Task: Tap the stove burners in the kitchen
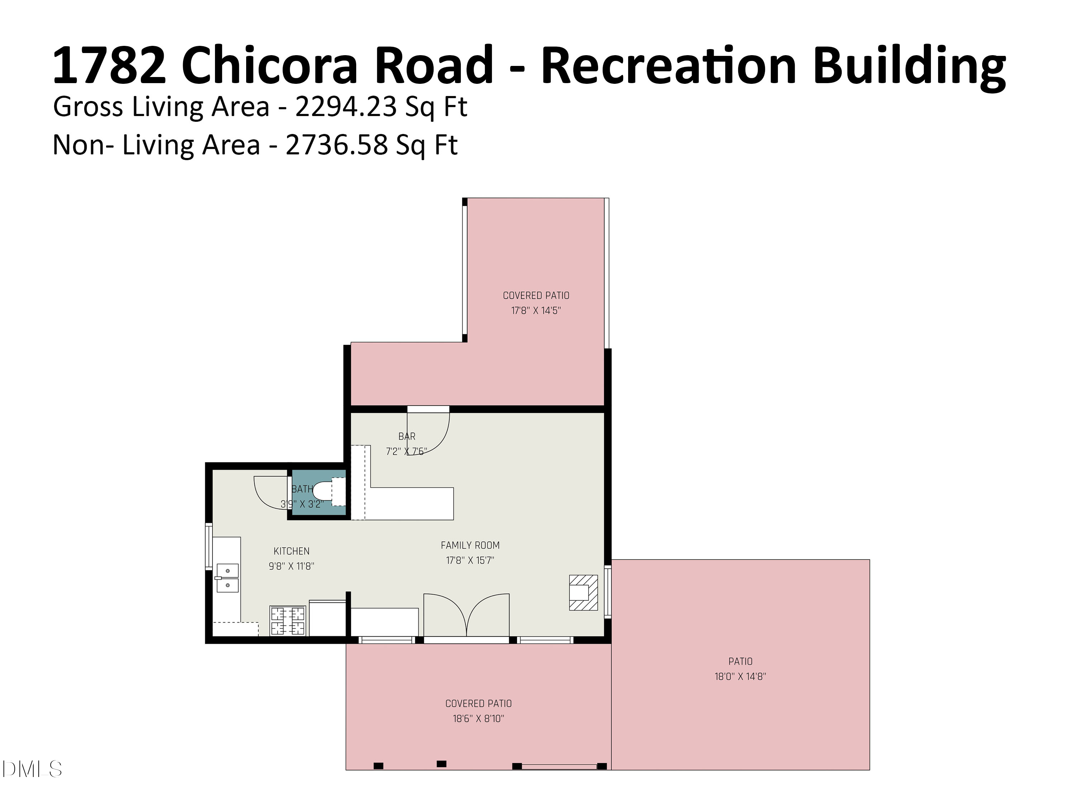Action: click(x=288, y=621)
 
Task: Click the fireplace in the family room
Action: click(x=583, y=592)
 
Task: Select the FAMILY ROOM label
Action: click(x=470, y=545)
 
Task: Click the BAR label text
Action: click(x=407, y=436)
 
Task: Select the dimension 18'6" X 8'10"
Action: click(x=478, y=719)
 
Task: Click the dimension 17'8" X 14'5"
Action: click(x=536, y=311)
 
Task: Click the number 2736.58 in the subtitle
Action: click(x=337, y=145)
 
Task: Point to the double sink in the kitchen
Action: click(x=228, y=578)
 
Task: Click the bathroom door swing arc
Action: click(x=270, y=492)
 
